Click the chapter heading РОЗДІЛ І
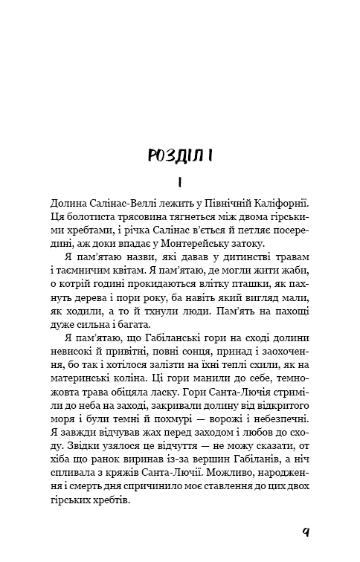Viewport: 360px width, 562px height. (x=181, y=155)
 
